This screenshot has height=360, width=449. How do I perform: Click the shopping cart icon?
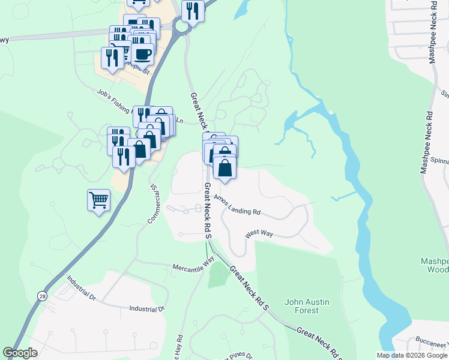pyautogui.click(x=99, y=200)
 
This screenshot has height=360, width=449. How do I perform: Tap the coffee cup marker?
pyautogui.click(x=142, y=55)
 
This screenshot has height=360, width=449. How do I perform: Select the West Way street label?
pyautogui.click(x=259, y=233)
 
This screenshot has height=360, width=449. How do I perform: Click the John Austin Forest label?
pyautogui.click(x=309, y=306)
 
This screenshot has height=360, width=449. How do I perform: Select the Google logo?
pyautogui.click(x=20, y=353)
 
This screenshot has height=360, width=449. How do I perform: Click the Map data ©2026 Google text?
pyautogui.click(x=411, y=355)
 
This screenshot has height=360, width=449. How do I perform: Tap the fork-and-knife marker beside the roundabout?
pyautogui.click(x=193, y=11)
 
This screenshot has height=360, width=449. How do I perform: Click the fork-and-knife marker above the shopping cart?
pyautogui.click(x=124, y=157)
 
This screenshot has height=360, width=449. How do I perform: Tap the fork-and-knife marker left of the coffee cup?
pyautogui.click(x=113, y=57)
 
